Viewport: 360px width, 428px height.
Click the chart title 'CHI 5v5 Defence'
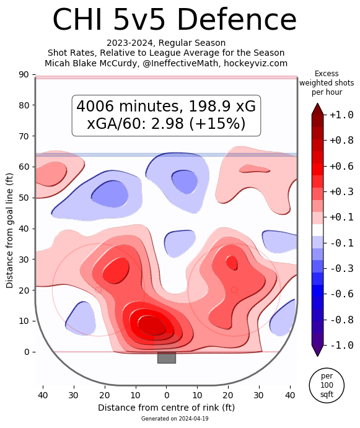point(175,20)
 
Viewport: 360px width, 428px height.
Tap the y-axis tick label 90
point(24,74)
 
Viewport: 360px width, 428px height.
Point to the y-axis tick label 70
point(24,136)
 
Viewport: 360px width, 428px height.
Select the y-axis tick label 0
point(27,352)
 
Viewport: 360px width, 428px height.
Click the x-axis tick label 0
point(166,395)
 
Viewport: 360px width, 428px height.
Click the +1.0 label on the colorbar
point(341,115)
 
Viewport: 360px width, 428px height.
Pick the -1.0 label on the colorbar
point(341,345)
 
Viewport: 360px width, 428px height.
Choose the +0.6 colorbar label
point(341,166)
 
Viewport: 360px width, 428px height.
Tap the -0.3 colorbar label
point(341,269)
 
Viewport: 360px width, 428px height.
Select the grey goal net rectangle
point(166,357)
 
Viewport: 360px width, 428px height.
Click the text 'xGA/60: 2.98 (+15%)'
point(166,124)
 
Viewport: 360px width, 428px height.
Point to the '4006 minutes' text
point(129,106)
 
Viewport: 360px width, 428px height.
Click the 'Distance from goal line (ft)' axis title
point(9,230)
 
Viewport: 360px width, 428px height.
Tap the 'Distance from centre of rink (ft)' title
point(166,408)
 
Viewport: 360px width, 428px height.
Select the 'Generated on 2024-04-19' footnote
point(175,419)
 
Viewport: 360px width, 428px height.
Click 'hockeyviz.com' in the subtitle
point(256,63)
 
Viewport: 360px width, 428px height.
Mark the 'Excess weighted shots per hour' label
point(327,83)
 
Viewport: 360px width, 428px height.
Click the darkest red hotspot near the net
point(152,325)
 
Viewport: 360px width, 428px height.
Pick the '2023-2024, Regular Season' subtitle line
point(166,43)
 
